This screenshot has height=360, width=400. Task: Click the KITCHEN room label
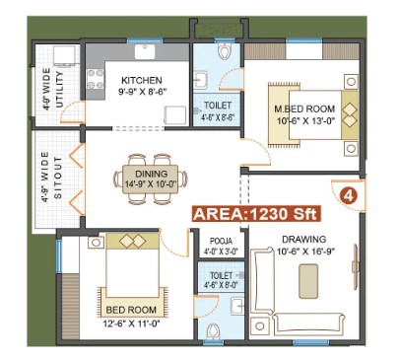pos(142,80)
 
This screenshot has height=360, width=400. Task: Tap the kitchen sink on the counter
pos(145,51)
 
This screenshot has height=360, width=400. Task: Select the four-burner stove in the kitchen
pos(96,79)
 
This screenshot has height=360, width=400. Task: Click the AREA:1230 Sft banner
pos(256,214)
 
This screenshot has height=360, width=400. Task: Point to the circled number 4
pos(349,195)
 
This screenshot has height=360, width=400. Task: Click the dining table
pos(151,179)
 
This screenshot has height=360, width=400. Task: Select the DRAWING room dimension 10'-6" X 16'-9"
pos(305,252)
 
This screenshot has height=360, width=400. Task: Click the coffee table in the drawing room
pos(308,281)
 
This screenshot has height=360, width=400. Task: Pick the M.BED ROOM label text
pos(304,108)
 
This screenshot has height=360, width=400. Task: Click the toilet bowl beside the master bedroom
pos(225,50)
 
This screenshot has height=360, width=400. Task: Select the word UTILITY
pos(59,90)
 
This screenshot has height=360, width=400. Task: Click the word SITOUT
pos(58,178)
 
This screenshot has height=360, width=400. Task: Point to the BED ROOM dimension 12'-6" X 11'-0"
pos(131,324)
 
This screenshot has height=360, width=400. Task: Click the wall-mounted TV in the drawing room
pos(355,266)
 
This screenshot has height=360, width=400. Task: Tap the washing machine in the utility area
pos(64,55)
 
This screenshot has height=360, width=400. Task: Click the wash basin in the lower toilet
pos(237,307)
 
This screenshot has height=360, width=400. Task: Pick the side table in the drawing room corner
pos(260,326)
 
